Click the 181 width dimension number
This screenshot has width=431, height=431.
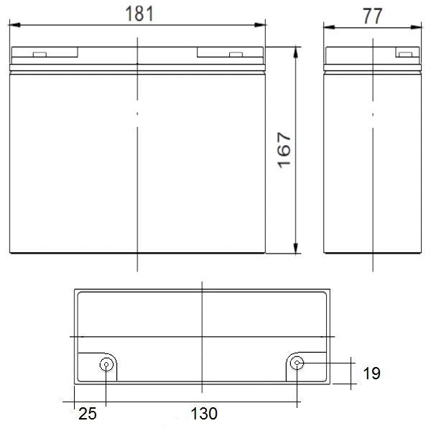click(x=139, y=14)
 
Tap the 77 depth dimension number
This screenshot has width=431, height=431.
click(x=372, y=17)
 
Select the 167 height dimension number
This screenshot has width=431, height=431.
click(x=284, y=150)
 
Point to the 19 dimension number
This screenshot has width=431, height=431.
click(x=371, y=374)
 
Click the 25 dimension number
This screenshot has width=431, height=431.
click(x=88, y=414)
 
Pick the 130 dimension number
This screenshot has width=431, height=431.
click(x=204, y=414)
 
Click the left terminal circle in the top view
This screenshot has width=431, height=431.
click(x=106, y=364)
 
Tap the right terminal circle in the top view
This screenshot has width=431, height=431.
click(x=297, y=363)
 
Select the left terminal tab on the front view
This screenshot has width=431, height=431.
click(x=40, y=55)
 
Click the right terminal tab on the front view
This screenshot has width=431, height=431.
click(x=236, y=55)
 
